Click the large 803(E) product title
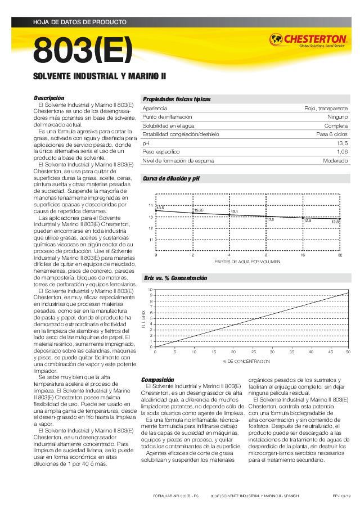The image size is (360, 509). pyautogui.click(x=83, y=51)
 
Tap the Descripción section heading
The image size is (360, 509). pyautogui.click(x=49, y=98)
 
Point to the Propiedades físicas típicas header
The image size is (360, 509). pyautogui.click(x=177, y=98)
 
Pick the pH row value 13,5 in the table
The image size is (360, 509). pyautogui.click(x=342, y=143)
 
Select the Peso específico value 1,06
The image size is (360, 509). pyautogui.click(x=342, y=152)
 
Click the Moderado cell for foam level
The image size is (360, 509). pyautogui.click(x=335, y=161)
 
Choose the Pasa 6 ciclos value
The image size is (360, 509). pyautogui.click(x=332, y=134)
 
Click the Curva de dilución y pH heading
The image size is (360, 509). pyautogui.click(x=171, y=178)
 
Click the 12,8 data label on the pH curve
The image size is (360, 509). pyautogui.click(x=335, y=222)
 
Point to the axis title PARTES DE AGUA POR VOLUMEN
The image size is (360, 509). pyautogui.click(x=247, y=262)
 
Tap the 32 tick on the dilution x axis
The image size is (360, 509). pyautogui.click(x=340, y=255)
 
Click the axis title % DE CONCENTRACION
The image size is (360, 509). pyautogui.click(x=246, y=361)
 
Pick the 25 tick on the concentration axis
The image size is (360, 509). pyautogui.click(x=253, y=352)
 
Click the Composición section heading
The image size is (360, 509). pyautogui.click(x=157, y=380)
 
